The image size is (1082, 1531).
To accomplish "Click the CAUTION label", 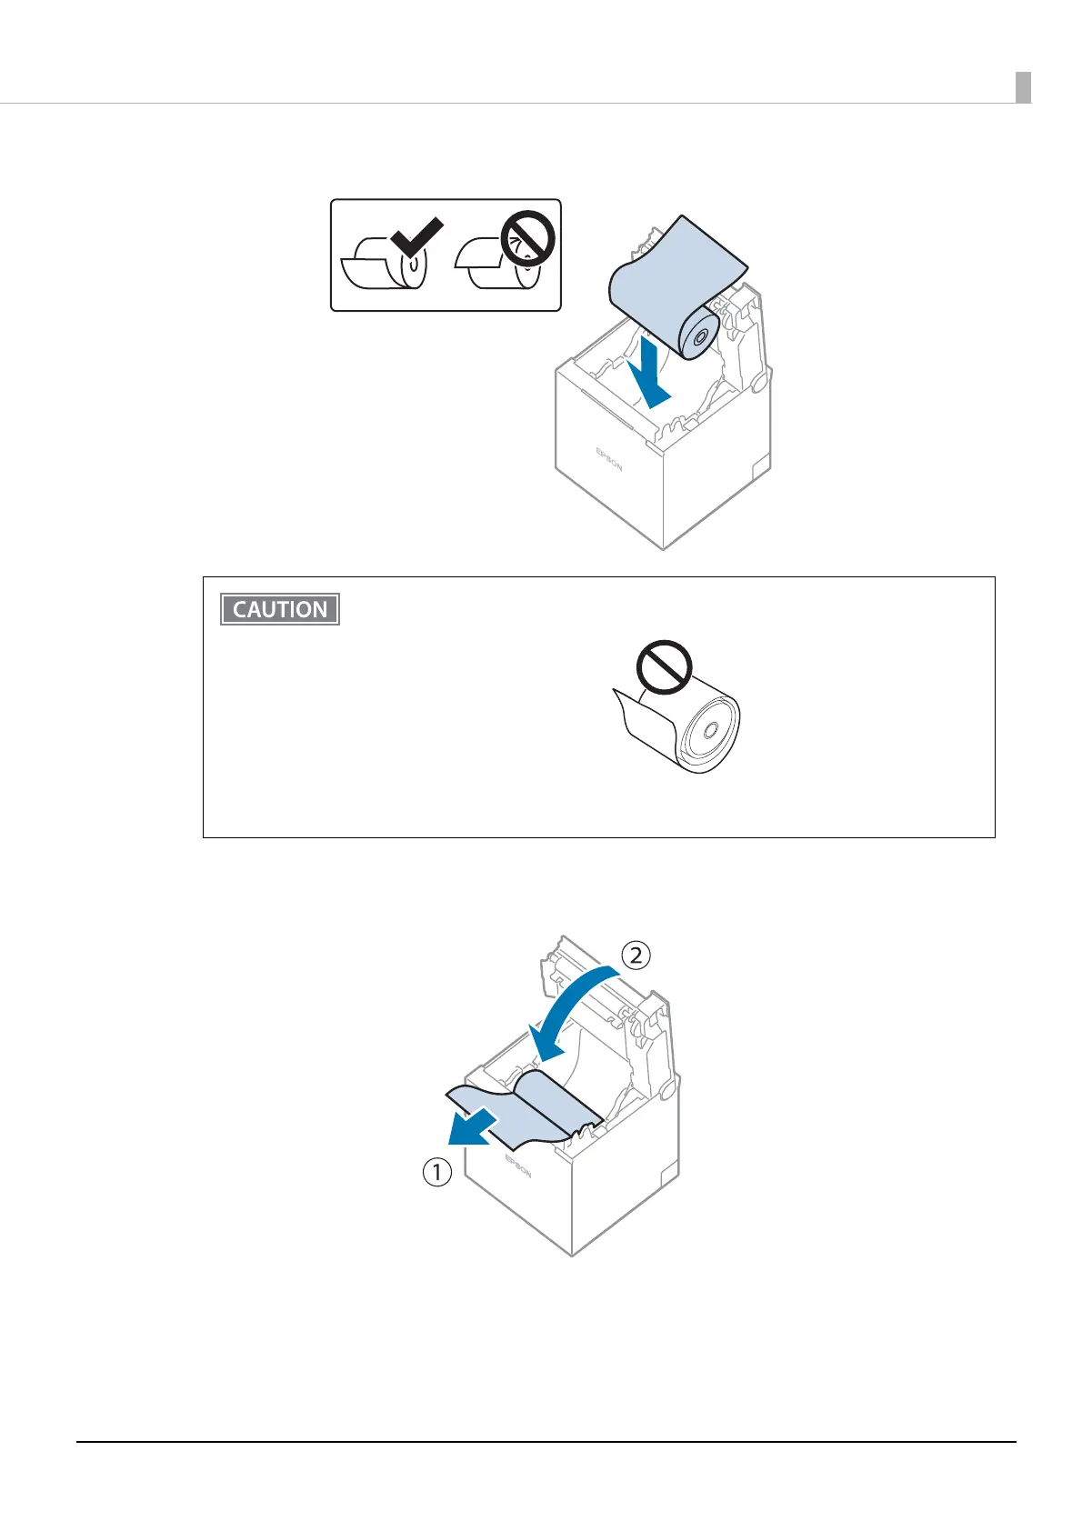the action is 280,609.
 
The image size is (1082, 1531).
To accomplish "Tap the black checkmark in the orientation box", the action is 416,241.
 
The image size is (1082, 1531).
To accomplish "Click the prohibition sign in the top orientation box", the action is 528,238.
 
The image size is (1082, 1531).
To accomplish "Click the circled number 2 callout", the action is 636,955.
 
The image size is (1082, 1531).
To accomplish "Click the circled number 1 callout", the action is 436,1173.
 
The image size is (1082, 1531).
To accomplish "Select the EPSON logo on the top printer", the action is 609,458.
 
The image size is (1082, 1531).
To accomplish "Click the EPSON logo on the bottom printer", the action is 517,1166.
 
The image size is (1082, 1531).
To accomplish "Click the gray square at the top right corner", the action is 1023,87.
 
